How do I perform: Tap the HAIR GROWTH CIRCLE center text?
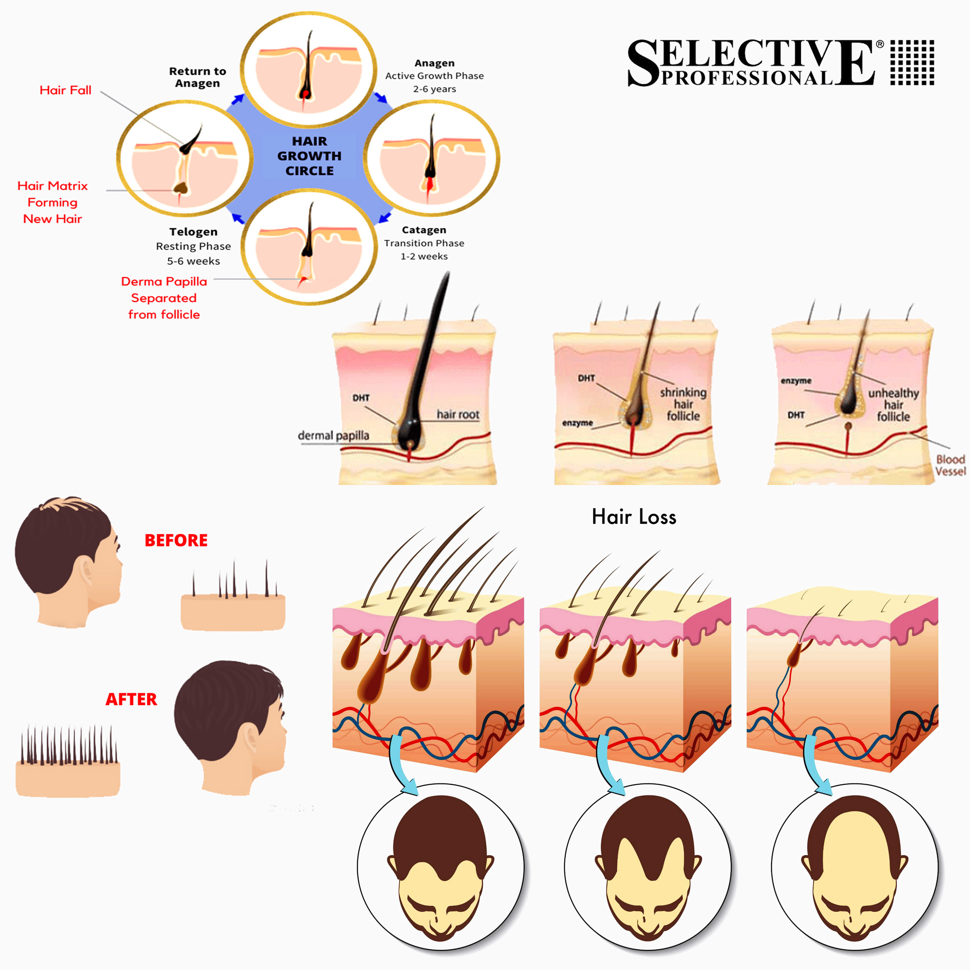(x=309, y=156)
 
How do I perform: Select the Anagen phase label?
(x=434, y=63)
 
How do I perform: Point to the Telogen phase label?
(x=193, y=232)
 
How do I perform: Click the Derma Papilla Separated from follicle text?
(x=164, y=298)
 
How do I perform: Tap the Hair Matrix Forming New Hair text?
(x=52, y=202)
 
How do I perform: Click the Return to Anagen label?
(x=197, y=77)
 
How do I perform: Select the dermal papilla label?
(x=333, y=435)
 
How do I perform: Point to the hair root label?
(x=458, y=414)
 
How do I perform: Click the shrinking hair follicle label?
(x=683, y=404)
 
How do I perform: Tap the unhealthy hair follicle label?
(x=893, y=404)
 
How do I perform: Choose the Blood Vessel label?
(x=950, y=465)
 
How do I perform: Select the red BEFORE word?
(x=176, y=540)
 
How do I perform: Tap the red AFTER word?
(x=131, y=699)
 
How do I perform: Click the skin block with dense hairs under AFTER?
(x=68, y=763)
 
